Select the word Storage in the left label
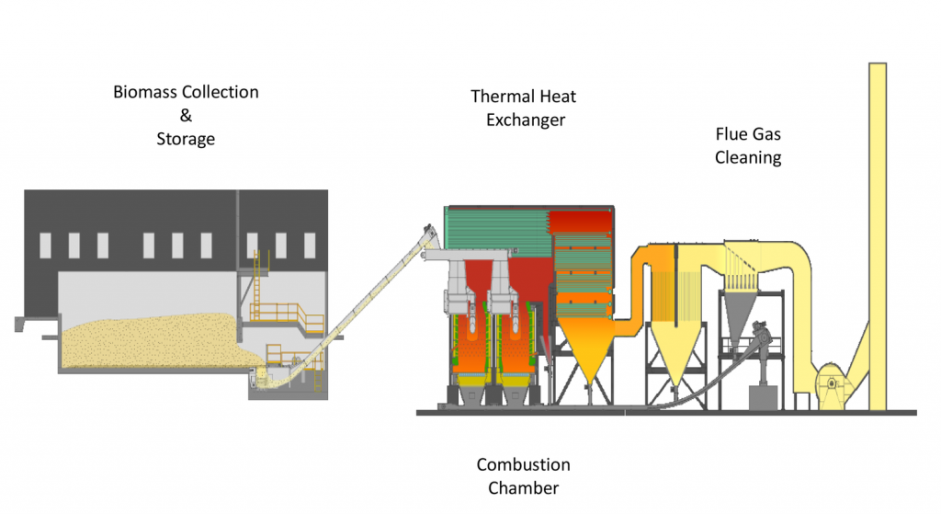click(x=186, y=140)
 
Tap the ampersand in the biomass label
click(x=186, y=117)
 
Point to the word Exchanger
click(x=525, y=120)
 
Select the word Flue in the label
click(x=732, y=134)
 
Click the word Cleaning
click(x=748, y=157)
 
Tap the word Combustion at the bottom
click(x=523, y=464)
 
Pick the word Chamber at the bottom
click(x=523, y=487)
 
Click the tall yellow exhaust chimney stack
click(x=877, y=230)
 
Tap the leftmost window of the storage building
click(x=45, y=245)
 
